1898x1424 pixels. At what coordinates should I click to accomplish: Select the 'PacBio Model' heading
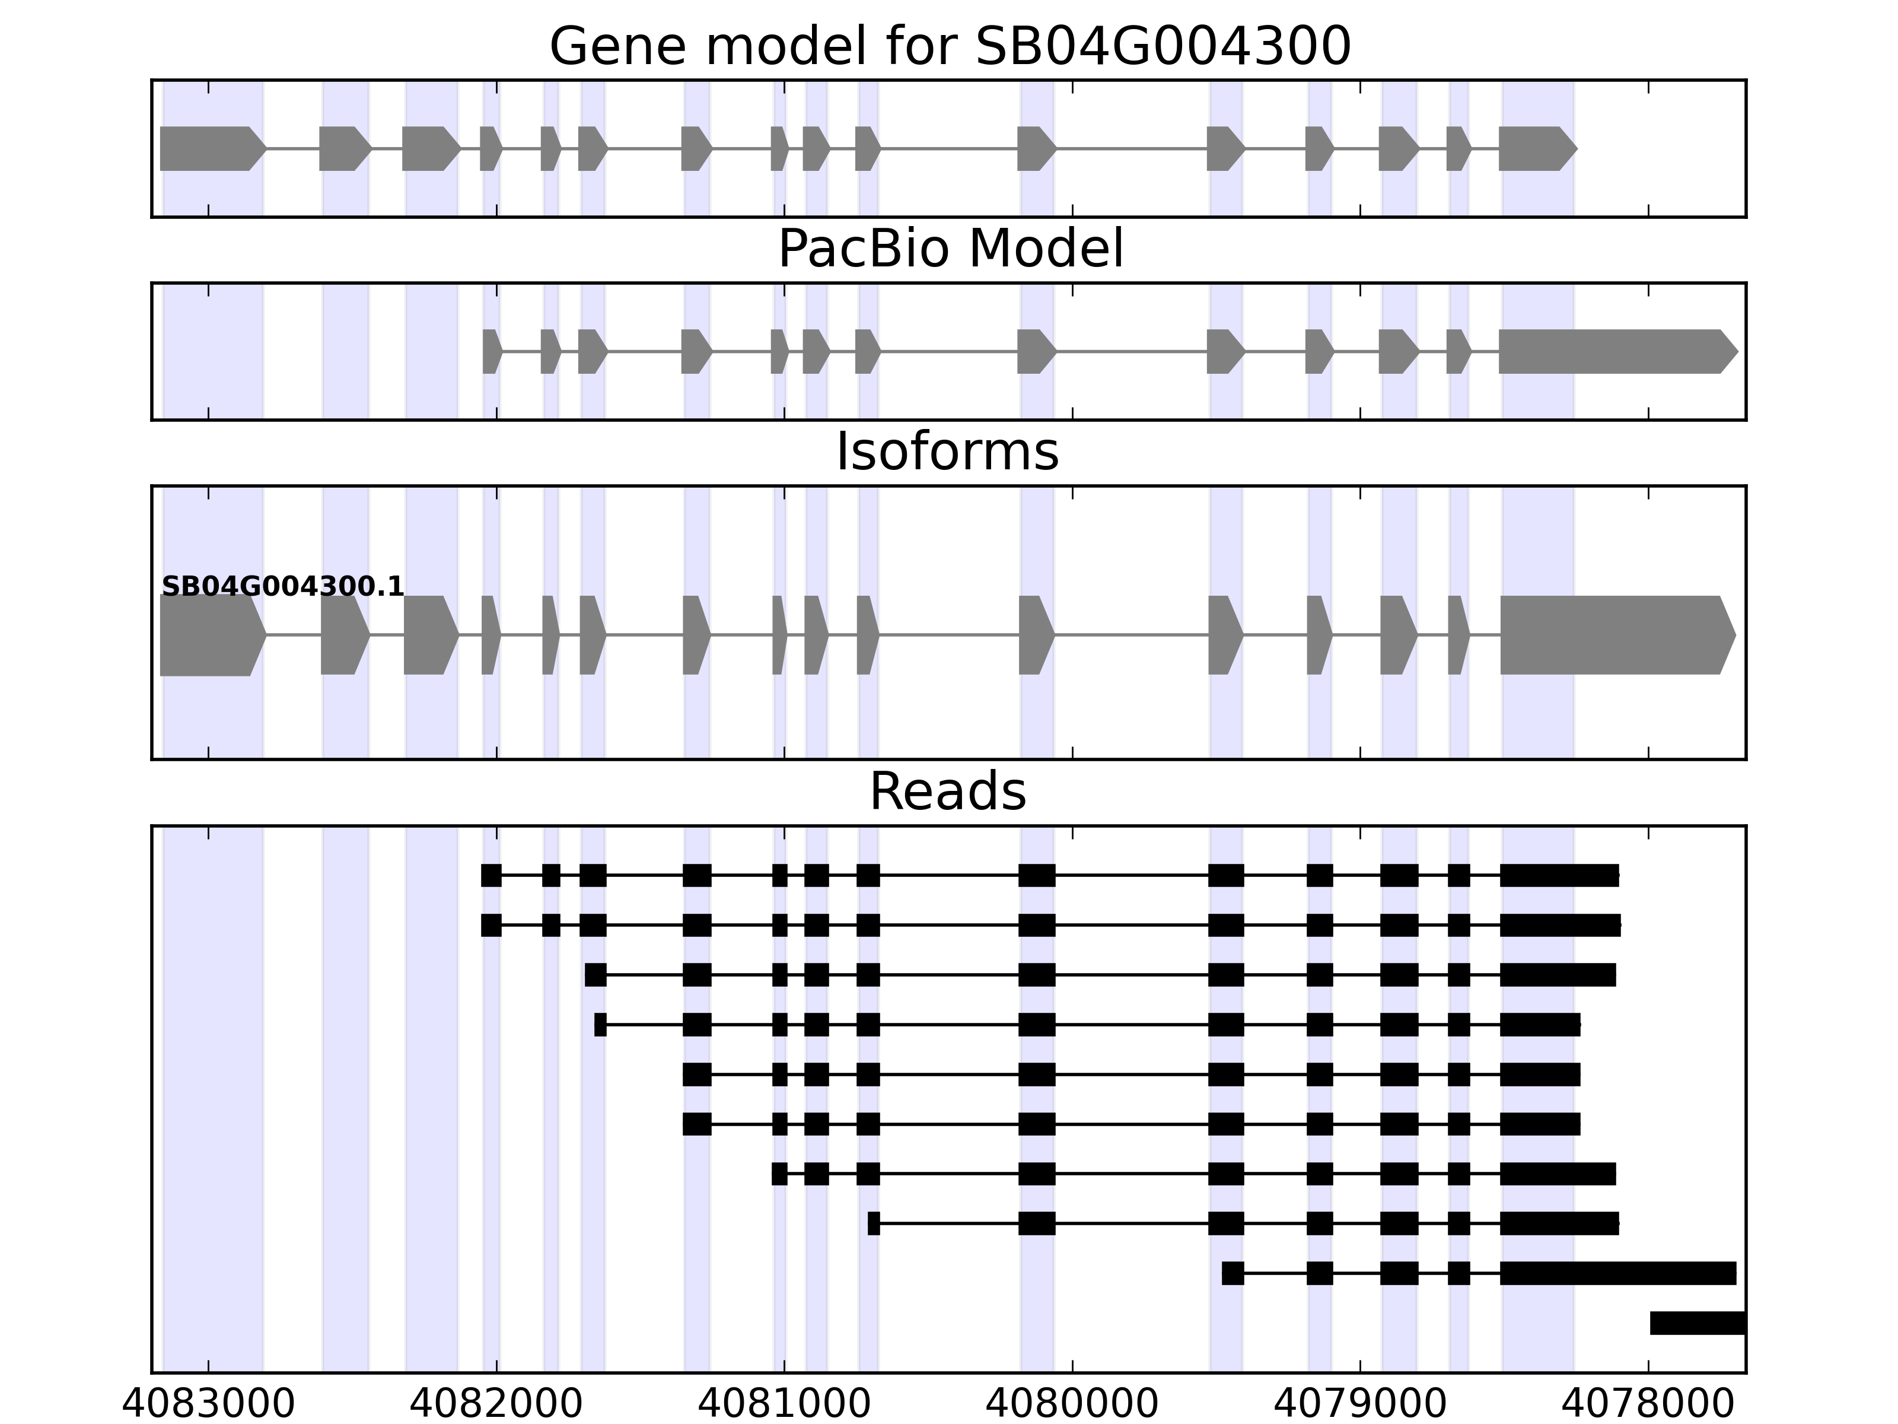pyautogui.click(x=949, y=249)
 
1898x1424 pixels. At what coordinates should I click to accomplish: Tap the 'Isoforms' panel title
pyautogui.click(x=947, y=452)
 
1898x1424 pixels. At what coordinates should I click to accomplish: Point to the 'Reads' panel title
pyautogui.click(x=947, y=792)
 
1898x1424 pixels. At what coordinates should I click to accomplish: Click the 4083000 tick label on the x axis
pyautogui.click(x=209, y=1404)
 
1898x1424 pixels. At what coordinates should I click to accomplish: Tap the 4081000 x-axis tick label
pyautogui.click(x=784, y=1404)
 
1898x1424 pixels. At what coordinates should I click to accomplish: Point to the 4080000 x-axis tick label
pyautogui.click(x=1072, y=1404)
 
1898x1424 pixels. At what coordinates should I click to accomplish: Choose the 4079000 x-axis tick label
pyautogui.click(x=1360, y=1404)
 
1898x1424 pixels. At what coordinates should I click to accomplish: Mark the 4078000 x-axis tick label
pyautogui.click(x=1648, y=1404)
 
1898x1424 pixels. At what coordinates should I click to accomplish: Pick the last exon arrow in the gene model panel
pyautogui.click(x=1537, y=148)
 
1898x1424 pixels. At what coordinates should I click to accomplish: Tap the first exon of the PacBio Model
pyautogui.click(x=491, y=351)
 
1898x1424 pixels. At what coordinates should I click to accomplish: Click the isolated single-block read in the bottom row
pyautogui.click(x=1697, y=1323)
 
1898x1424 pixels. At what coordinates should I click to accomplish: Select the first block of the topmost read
pyautogui.click(x=491, y=876)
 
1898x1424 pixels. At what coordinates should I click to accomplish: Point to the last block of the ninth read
pyautogui.click(x=1617, y=1273)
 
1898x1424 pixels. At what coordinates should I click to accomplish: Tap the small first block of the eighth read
pyautogui.click(x=874, y=1223)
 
